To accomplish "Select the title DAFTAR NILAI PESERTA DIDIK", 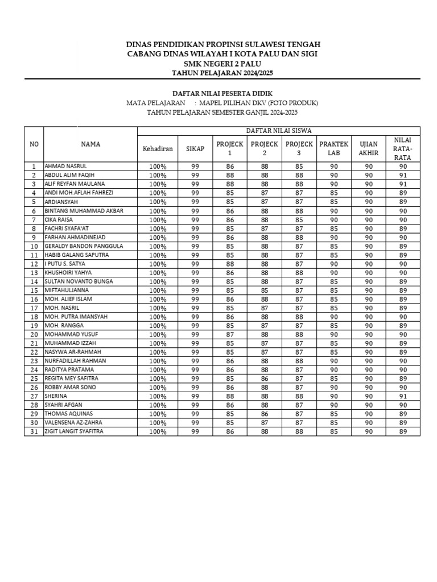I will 222,93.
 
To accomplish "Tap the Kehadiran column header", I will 158,149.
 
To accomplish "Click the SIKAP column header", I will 195,149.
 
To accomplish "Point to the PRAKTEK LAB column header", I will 333,149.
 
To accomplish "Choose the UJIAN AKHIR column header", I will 369,149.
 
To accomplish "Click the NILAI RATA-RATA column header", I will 403,149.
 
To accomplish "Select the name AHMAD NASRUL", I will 66,167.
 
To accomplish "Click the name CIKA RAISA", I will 59,219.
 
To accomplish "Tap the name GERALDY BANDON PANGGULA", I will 84,246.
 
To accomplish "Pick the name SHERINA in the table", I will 56,396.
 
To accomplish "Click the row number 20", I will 34,334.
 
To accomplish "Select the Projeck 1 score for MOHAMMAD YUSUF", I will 230,334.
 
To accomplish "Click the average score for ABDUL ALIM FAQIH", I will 403,176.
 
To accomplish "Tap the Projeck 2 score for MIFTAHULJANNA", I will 265,290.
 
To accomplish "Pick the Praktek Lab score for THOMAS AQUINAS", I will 333,414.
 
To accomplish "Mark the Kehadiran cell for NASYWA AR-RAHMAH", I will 158,352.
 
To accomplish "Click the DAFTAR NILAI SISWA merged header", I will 278,131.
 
